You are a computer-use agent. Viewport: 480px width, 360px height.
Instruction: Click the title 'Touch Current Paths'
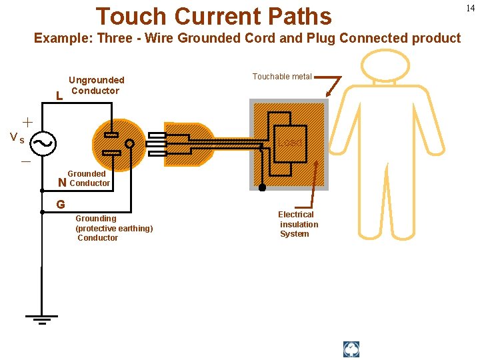pyautogui.click(x=213, y=16)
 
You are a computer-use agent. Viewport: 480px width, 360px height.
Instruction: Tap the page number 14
pyautogui.click(x=471, y=8)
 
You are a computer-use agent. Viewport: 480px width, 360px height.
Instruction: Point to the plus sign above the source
pyautogui.click(x=27, y=122)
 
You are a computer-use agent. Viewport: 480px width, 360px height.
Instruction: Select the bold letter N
pyautogui.click(x=62, y=183)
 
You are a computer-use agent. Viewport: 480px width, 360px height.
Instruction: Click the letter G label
pyautogui.click(x=60, y=205)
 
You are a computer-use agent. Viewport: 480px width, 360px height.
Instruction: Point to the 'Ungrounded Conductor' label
pyautogui.click(x=96, y=85)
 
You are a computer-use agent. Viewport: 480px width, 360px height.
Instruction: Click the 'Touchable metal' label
pyautogui.click(x=281, y=77)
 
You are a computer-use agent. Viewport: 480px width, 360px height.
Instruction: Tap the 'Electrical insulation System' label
pyautogui.click(x=297, y=224)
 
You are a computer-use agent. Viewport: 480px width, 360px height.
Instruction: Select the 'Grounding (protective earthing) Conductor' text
pyautogui.click(x=113, y=228)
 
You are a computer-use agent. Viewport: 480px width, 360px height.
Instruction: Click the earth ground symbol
pyautogui.click(x=41, y=318)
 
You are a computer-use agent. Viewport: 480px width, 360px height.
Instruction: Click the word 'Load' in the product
pyautogui.click(x=290, y=143)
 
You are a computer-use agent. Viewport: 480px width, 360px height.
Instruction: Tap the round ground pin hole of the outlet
pyautogui.click(x=130, y=143)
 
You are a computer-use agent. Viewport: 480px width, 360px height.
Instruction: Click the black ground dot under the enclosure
pyautogui.click(x=262, y=187)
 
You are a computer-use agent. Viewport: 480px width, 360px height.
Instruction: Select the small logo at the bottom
pyautogui.click(x=351, y=349)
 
